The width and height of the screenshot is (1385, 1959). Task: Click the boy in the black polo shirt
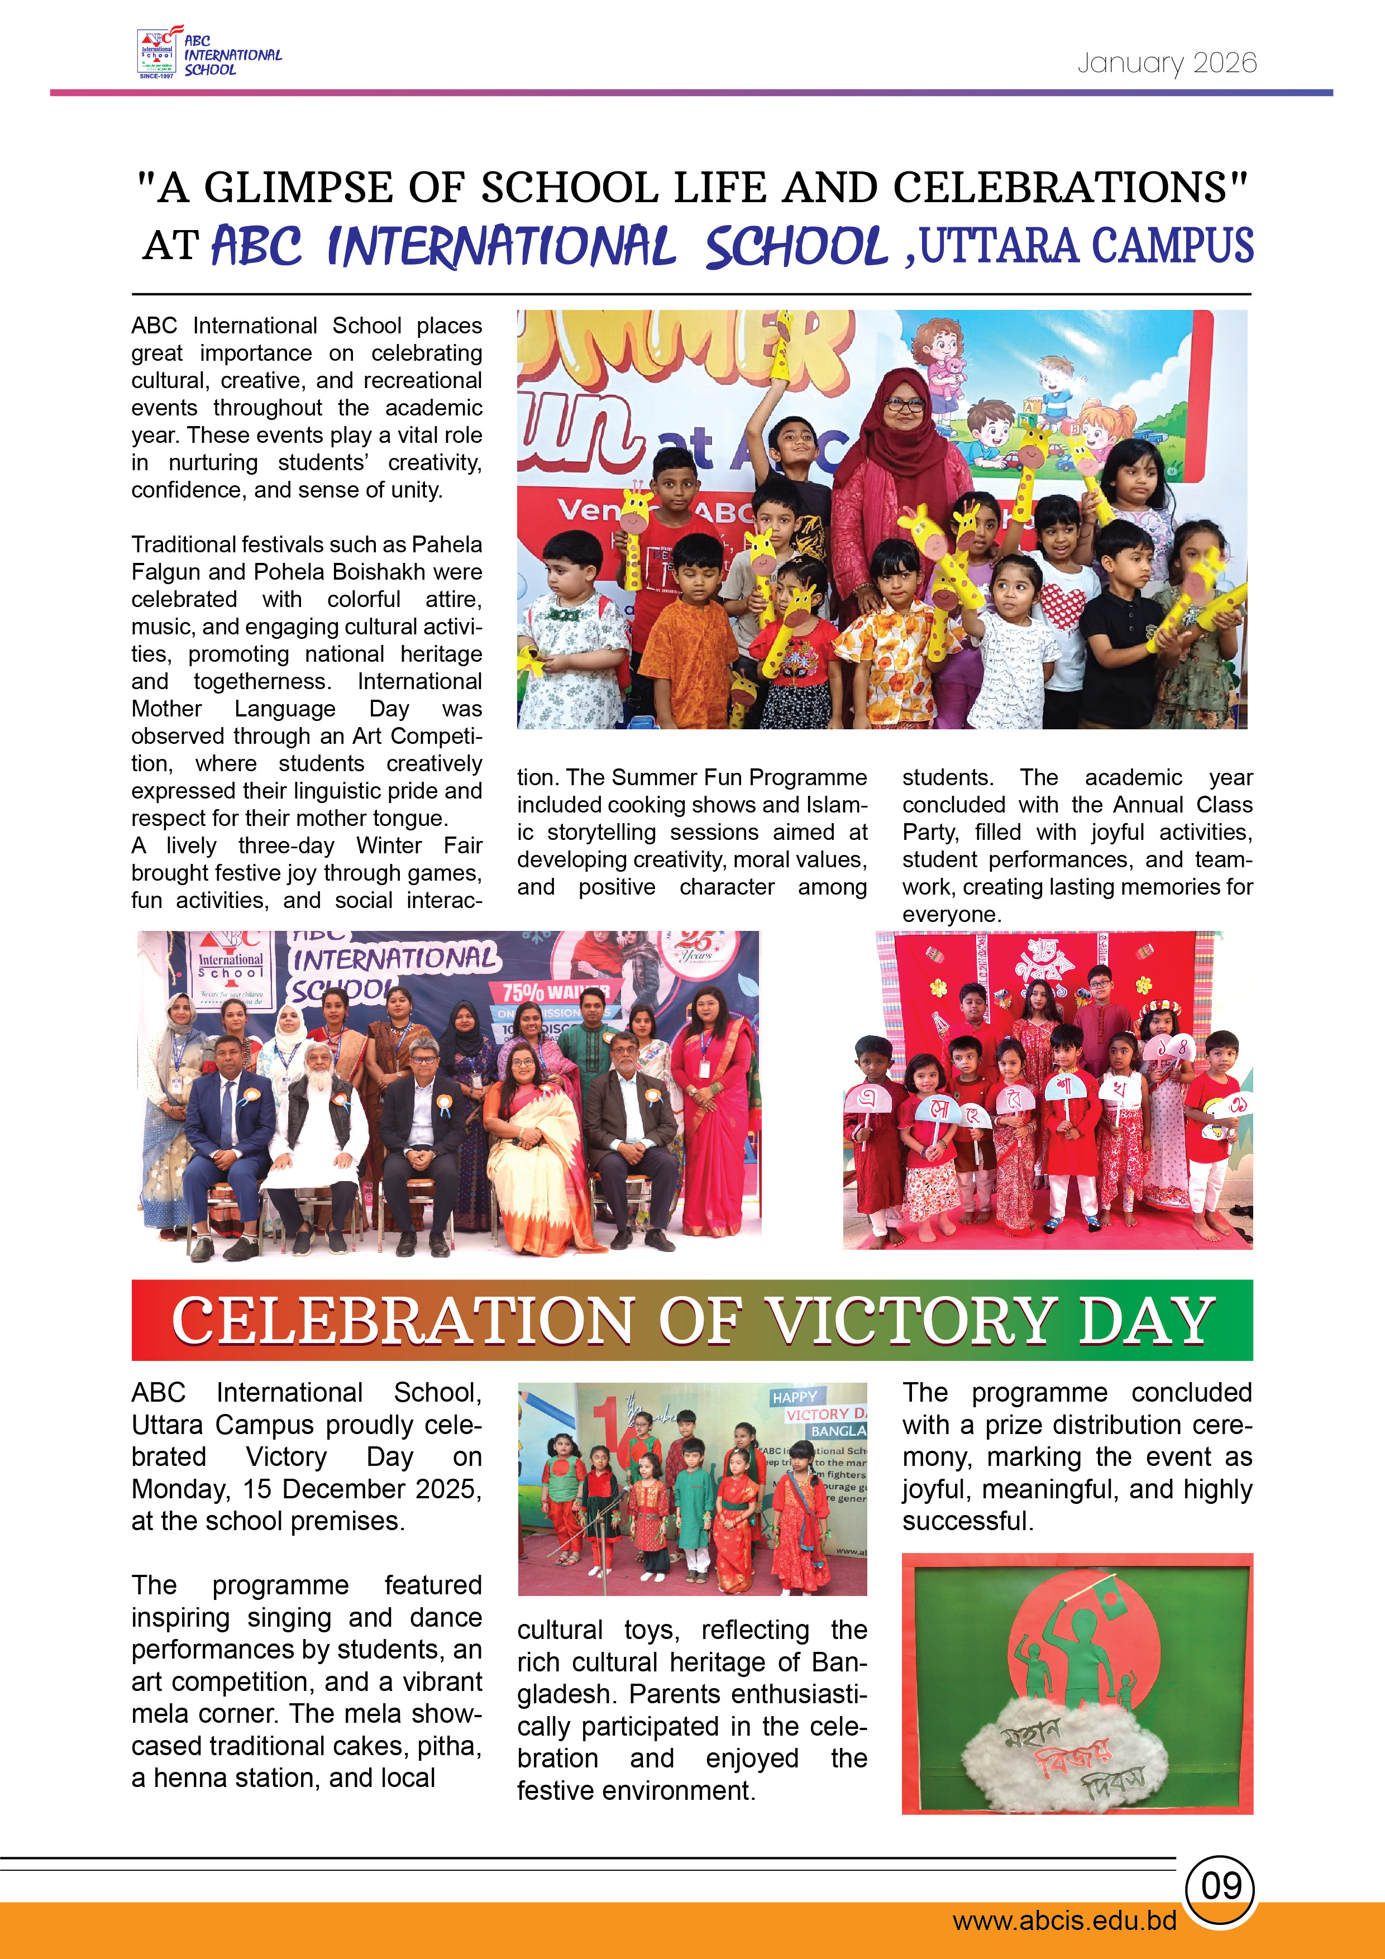1128,614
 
